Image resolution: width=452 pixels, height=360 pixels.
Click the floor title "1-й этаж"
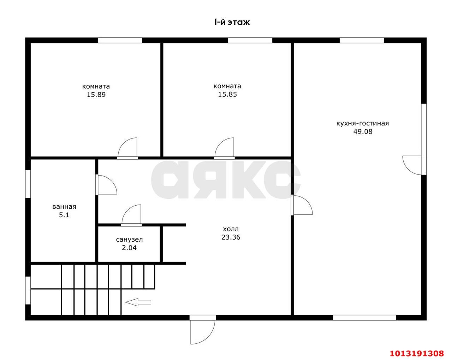(x=232, y=22)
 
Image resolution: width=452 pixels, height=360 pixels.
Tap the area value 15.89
(x=96, y=95)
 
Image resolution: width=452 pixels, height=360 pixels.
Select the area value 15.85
(x=227, y=94)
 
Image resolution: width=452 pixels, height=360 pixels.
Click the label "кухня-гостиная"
(x=363, y=123)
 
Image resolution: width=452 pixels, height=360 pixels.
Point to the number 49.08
(x=363, y=131)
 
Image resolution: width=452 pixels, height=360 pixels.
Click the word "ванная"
(x=64, y=207)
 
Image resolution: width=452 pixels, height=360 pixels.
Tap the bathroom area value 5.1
(x=64, y=215)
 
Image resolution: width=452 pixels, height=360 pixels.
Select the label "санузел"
(x=129, y=240)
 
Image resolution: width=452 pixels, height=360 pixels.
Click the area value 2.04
(x=129, y=248)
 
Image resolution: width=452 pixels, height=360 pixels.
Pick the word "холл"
(x=231, y=229)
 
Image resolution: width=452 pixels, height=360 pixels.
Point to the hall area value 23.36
(x=231, y=237)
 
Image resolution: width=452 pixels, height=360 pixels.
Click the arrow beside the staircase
(x=138, y=302)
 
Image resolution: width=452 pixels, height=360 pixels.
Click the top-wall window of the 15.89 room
(x=120, y=40)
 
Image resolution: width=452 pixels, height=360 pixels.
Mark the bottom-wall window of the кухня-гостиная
(x=365, y=318)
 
